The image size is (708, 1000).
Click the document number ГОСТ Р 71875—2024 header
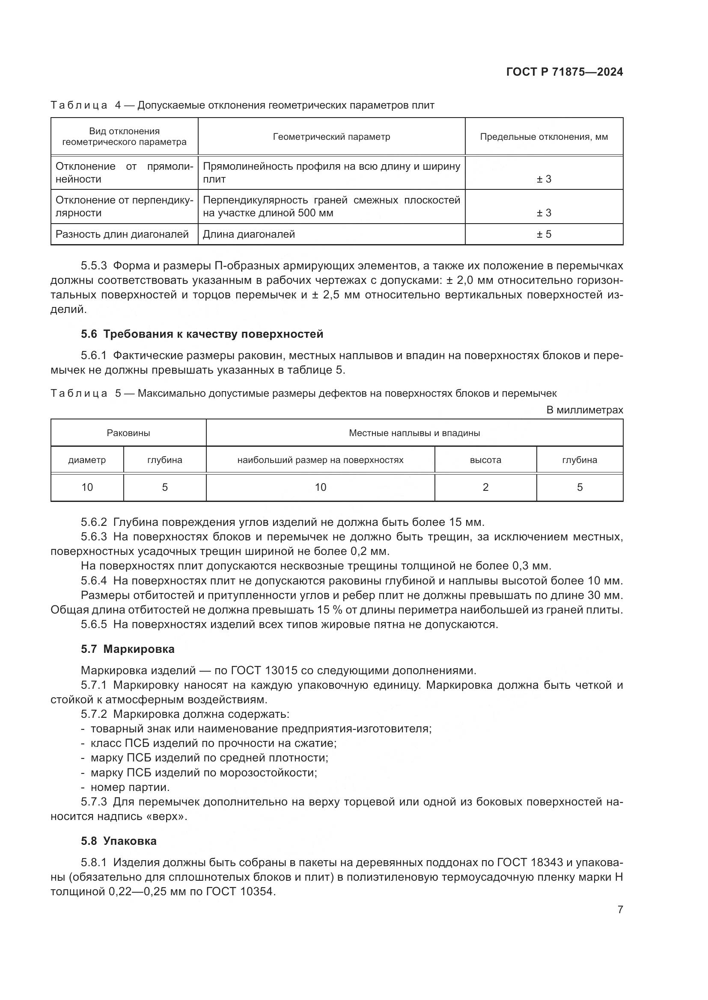(564, 72)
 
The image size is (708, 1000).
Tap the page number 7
(620, 909)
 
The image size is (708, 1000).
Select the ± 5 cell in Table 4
(544, 234)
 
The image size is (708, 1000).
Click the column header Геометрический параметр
(331, 137)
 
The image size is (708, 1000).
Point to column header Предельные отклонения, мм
(544, 137)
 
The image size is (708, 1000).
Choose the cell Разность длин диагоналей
(122, 234)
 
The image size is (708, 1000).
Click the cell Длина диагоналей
(249, 234)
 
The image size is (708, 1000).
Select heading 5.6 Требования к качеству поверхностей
(202, 334)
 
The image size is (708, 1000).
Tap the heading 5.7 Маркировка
(127, 649)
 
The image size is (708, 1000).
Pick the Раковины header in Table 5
(128, 433)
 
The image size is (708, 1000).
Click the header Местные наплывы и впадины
(414, 433)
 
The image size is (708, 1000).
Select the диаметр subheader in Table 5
(87, 460)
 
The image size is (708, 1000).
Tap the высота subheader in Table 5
(485, 460)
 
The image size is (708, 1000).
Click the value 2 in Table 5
(485, 487)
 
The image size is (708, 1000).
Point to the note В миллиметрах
(584, 410)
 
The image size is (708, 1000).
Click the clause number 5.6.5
(94, 624)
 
